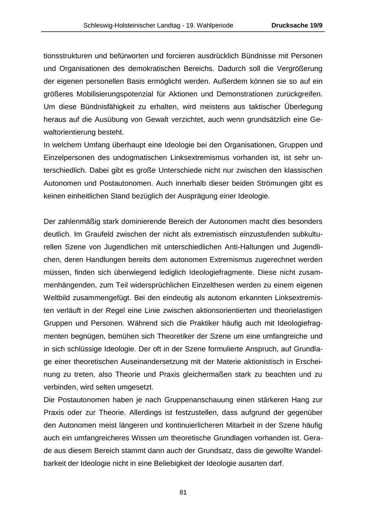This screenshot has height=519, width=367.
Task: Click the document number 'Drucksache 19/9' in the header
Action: pos(297,25)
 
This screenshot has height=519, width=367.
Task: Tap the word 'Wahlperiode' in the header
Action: pos(216,25)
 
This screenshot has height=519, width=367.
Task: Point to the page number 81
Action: pos(183,492)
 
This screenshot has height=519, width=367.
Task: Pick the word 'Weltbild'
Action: pos(56,298)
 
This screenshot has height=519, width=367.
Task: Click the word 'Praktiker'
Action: pos(204,323)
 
